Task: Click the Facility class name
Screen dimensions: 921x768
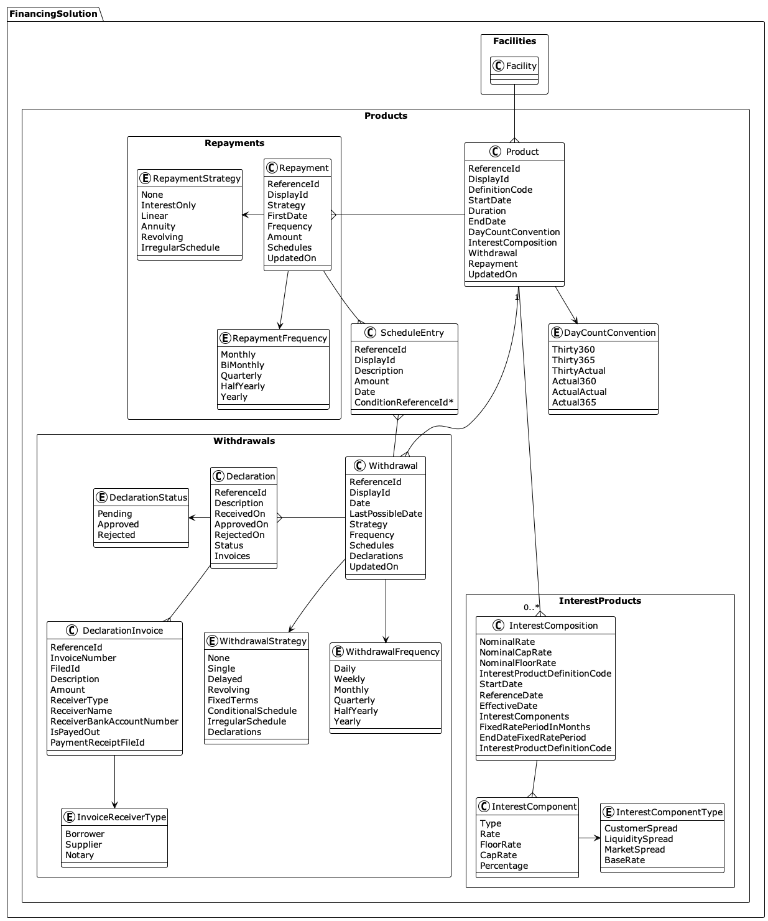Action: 520,66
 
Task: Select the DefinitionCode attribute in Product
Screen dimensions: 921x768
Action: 500,190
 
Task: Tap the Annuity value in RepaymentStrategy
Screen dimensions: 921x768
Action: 158,226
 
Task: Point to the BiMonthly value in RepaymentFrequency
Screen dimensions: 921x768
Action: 242,365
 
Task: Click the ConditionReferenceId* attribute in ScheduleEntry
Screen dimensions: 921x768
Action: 404,402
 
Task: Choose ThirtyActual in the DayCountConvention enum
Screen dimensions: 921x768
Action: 578,371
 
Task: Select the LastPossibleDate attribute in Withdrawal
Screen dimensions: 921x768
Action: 386,514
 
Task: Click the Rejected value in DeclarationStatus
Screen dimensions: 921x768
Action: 116,535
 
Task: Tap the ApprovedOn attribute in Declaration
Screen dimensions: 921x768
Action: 241,524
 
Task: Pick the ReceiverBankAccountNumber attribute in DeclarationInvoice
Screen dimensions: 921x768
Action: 114,721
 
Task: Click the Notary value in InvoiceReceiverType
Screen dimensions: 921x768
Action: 80,855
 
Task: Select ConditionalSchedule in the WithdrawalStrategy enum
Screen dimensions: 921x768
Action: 252,711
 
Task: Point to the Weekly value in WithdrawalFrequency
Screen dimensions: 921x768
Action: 349,679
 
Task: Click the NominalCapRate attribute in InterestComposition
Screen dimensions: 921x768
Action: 515,652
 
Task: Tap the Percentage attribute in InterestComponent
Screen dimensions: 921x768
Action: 504,866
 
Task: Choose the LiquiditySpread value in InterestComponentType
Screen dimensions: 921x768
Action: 638,839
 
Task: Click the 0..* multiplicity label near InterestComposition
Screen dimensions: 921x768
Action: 531,608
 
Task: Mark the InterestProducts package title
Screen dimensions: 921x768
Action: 599,601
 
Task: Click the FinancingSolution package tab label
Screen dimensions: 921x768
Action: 53,14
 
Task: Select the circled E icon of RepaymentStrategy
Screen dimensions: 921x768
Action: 146,178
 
